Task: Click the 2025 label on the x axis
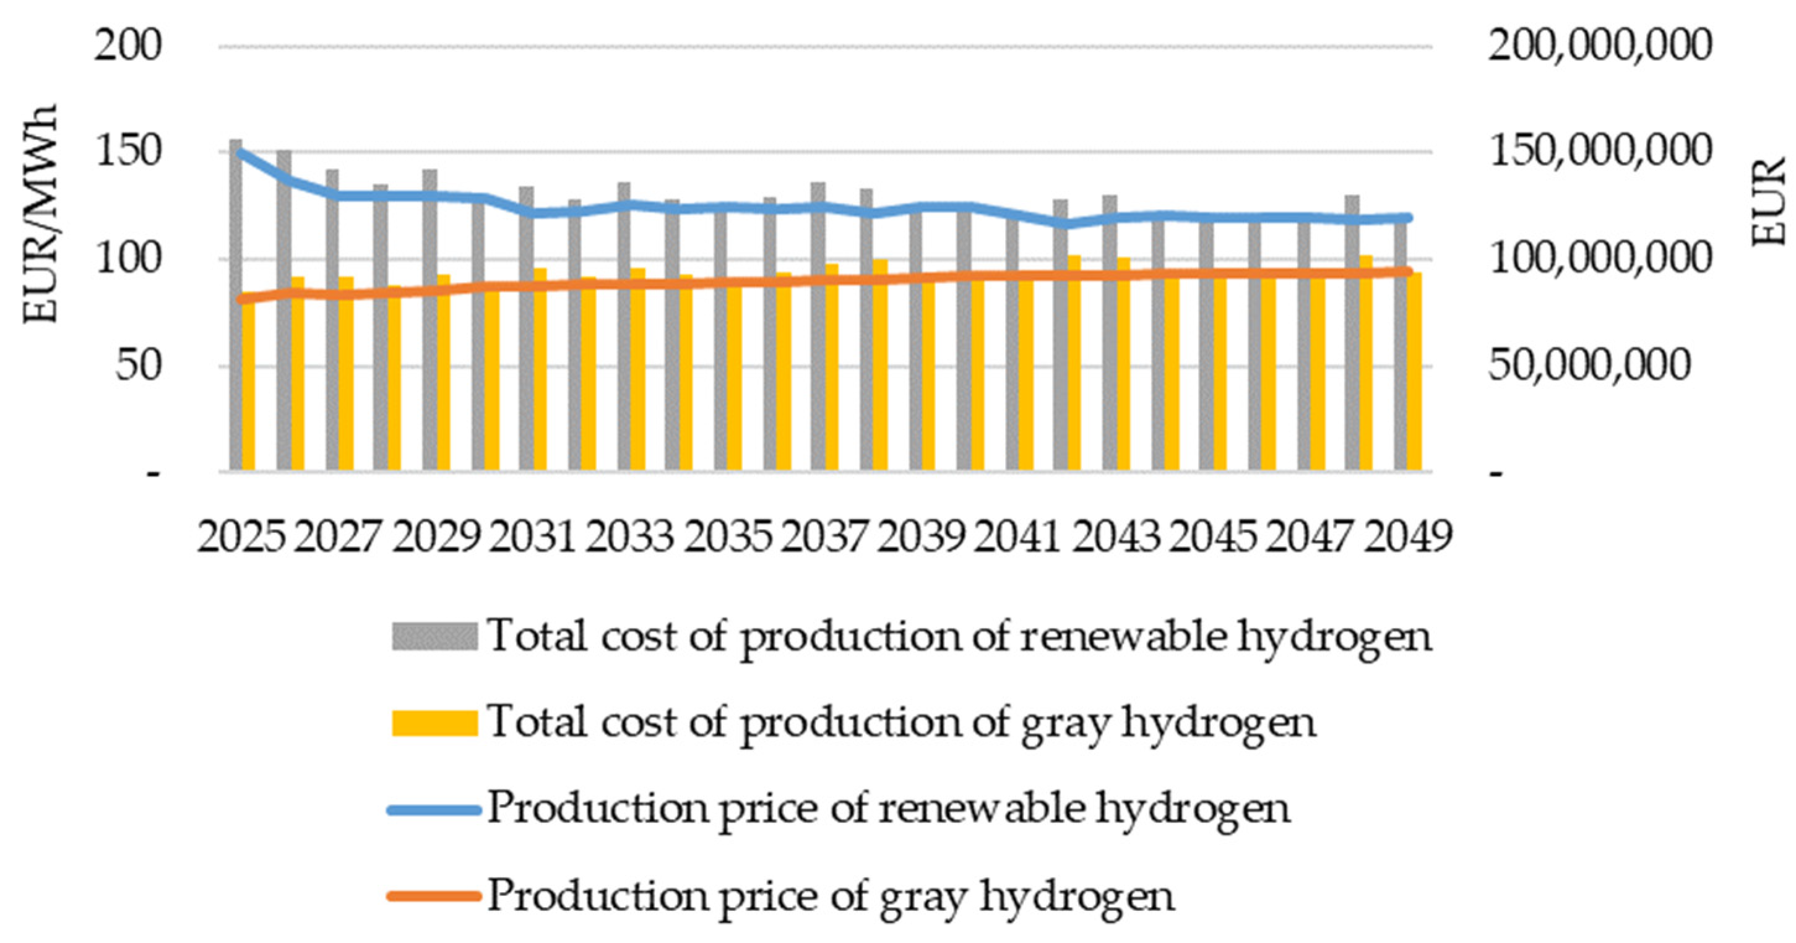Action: coord(241,537)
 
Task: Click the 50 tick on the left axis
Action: coord(138,365)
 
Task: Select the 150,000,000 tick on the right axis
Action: coord(1599,153)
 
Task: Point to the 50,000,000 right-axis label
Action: coord(1590,365)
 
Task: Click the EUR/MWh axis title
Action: coord(40,214)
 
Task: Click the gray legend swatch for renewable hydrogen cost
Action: coord(434,636)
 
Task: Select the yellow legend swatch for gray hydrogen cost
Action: coord(434,723)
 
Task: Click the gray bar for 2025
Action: coord(236,307)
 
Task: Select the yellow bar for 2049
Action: coord(1415,373)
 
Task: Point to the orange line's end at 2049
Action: coord(1408,272)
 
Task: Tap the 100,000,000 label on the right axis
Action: coord(1599,259)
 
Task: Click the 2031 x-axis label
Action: coord(533,537)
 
